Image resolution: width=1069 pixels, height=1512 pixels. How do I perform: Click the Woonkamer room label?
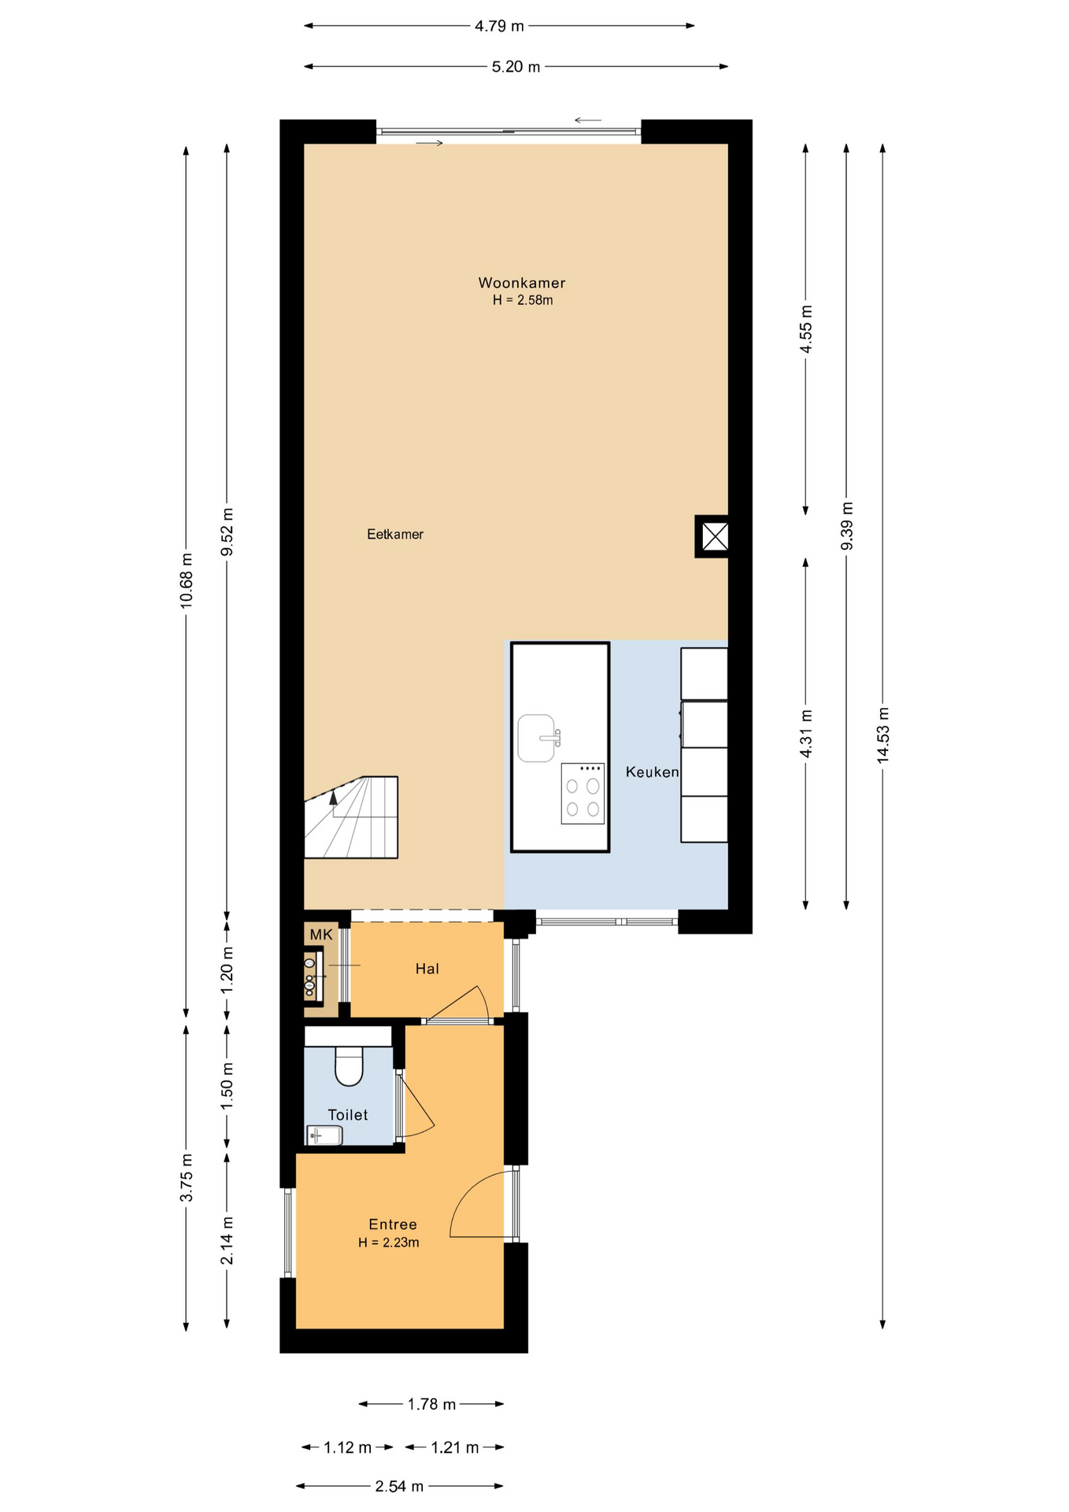[522, 283]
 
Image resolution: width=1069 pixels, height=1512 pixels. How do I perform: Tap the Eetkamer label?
[395, 534]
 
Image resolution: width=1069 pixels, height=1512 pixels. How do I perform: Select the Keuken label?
[652, 772]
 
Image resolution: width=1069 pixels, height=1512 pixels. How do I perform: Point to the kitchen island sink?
[538, 738]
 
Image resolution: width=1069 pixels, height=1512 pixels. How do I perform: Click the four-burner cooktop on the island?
[583, 794]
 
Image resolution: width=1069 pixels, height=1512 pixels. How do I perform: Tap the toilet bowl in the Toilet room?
[349, 1065]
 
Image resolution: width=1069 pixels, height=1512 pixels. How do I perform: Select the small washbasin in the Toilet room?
[324, 1135]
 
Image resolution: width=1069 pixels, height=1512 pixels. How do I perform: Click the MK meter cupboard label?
[321, 935]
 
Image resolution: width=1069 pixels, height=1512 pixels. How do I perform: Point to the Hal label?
[427, 969]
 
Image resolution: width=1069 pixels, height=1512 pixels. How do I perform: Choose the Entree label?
[393, 1224]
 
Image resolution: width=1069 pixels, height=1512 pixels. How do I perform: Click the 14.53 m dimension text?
[882, 735]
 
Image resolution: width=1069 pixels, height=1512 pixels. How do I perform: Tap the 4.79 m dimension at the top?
[499, 26]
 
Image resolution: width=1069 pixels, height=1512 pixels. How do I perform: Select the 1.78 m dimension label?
[431, 1403]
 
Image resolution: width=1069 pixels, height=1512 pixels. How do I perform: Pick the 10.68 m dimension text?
[187, 580]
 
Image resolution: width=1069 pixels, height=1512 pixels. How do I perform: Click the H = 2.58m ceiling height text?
[523, 300]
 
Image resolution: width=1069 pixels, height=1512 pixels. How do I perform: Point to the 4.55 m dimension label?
[805, 329]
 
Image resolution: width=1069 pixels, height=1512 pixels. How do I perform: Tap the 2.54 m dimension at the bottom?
[399, 1486]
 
